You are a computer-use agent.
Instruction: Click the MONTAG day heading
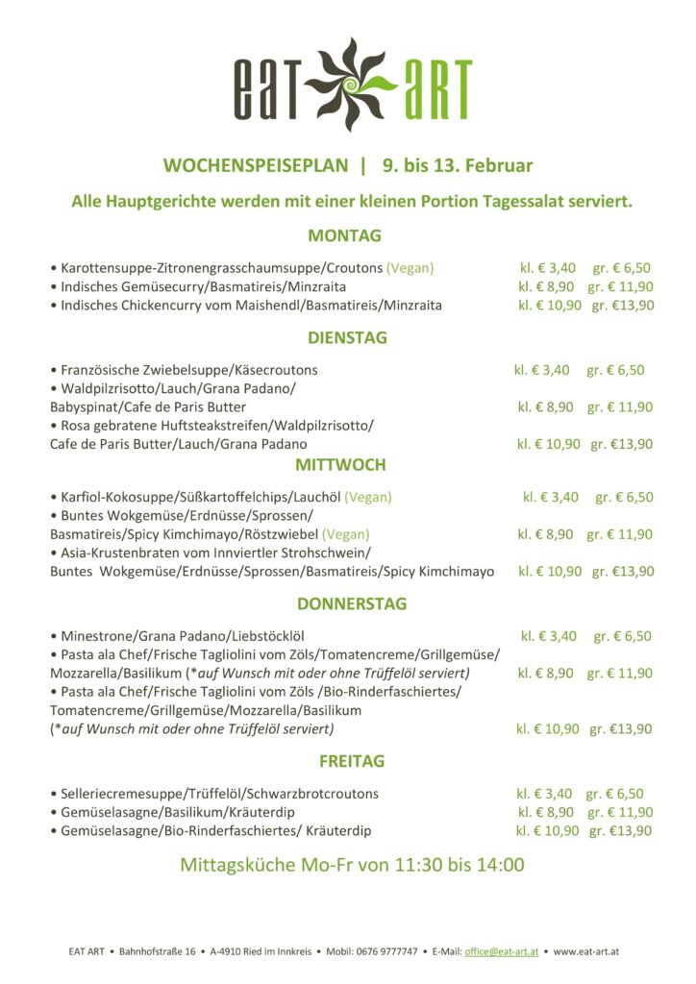345,235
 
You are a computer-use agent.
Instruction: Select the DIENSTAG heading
347,338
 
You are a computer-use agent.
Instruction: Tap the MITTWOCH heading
340,465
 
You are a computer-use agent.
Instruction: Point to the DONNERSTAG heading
352,604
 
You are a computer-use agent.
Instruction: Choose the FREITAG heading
352,762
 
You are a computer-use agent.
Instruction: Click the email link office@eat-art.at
501,951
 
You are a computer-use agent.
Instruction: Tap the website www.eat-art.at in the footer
586,951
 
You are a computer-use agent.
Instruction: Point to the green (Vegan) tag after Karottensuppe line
410,267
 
